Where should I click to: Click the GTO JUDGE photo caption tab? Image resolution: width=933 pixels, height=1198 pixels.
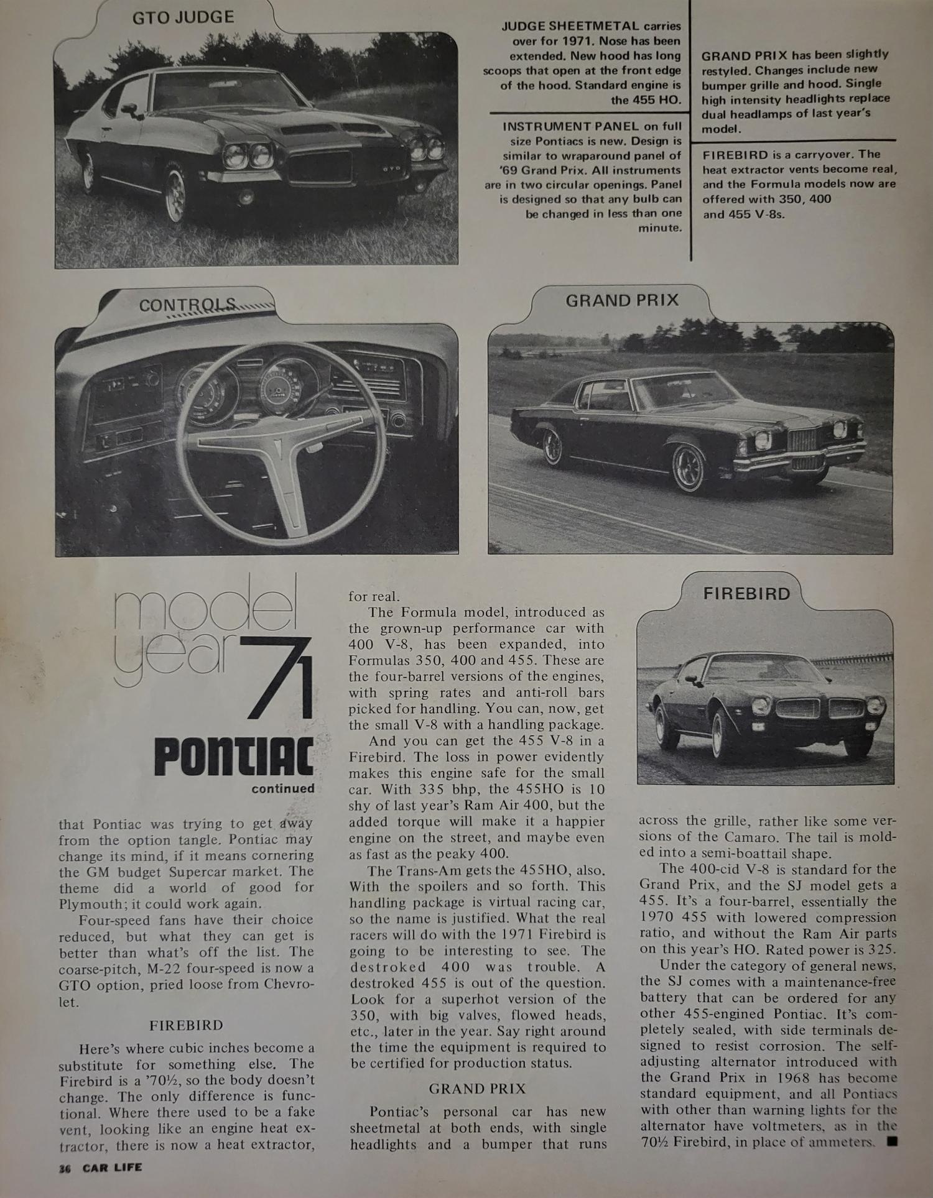pyautogui.click(x=183, y=17)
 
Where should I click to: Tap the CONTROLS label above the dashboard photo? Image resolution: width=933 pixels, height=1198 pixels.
pyautogui.click(x=187, y=305)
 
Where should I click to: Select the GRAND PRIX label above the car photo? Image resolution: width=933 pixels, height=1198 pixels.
pyautogui.click(x=621, y=301)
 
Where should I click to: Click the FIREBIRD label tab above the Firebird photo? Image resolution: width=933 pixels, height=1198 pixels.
pyautogui.click(x=746, y=594)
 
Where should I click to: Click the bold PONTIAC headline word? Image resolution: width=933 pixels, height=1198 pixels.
pyautogui.click(x=234, y=757)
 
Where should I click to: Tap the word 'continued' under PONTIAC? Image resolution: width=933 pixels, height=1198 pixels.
pyautogui.click(x=283, y=789)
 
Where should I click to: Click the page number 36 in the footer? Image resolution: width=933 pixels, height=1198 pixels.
pyautogui.click(x=65, y=1168)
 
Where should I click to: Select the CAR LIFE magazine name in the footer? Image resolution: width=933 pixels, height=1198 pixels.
pyautogui.click(x=114, y=1167)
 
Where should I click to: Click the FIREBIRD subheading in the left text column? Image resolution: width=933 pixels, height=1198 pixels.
pyautogui.click(x=186, y=1025)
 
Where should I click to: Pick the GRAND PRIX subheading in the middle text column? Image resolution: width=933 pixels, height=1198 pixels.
pyautogui.click(x=477, y=1089)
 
